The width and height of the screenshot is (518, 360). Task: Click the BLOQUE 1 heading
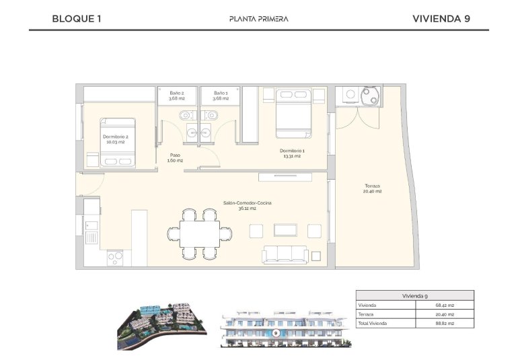coord(76,19)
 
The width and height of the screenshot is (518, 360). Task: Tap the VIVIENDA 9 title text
coord(441,19)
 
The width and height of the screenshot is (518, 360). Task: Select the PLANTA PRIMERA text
coord(258,19)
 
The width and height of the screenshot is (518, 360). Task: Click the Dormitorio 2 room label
coord(115,139)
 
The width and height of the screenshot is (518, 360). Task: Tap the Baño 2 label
coord(177,96)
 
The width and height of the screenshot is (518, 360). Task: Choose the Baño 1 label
coord(221,96)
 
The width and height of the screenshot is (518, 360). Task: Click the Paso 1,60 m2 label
coord(175,157)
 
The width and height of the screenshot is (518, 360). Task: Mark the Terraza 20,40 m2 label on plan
coord(373,188)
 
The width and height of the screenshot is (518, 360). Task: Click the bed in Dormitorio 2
coord(118,143)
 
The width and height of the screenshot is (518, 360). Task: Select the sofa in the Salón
coord(285,254)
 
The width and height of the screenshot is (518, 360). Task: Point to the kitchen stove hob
coord(114,256)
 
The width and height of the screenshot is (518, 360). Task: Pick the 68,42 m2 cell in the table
coord(445,305)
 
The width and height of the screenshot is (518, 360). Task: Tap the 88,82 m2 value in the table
coord(445,324)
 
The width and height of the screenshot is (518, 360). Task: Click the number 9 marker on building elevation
coord(276,333)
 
